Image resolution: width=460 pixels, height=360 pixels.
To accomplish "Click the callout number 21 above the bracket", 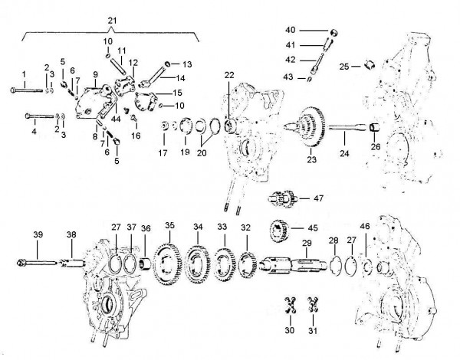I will (113, 18).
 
